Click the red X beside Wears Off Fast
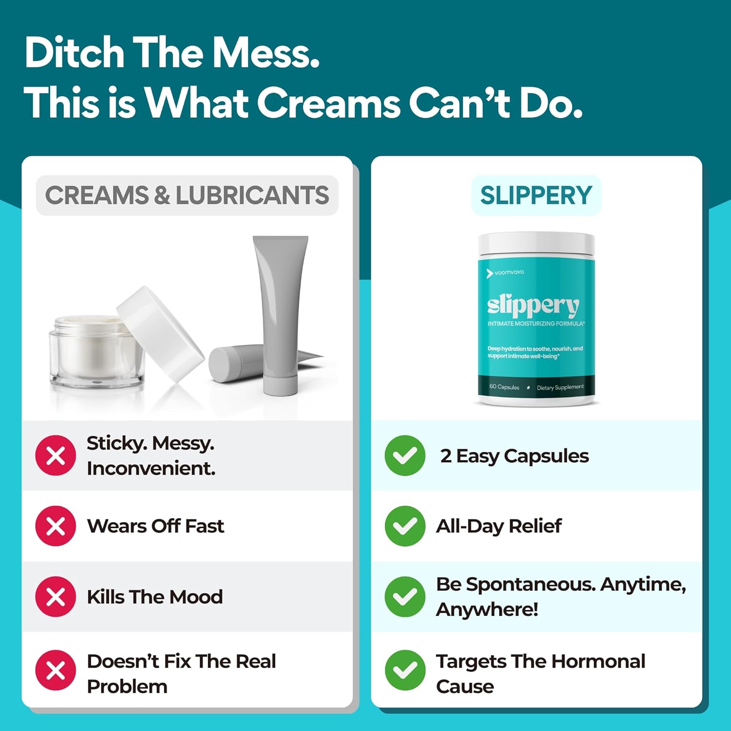(x=56, y=526)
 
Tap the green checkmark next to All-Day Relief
(x=405, y=526)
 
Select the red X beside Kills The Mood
(x=56, y=596)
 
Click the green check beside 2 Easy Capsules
(x=405, y=456)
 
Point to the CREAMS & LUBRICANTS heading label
(x=187, y=195)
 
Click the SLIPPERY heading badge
(x=536, y=195)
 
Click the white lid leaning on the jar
(x=160, y=334)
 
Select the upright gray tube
(x=280, y=314)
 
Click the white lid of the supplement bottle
(x=536, y=244)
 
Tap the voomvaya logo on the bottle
(x=505, y=273)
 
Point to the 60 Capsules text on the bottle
(x=504, y=387)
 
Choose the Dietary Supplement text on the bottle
(x=560, y=387)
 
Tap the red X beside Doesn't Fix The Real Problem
(x=56, y=670)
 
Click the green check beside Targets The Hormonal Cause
(x=405, y=670)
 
